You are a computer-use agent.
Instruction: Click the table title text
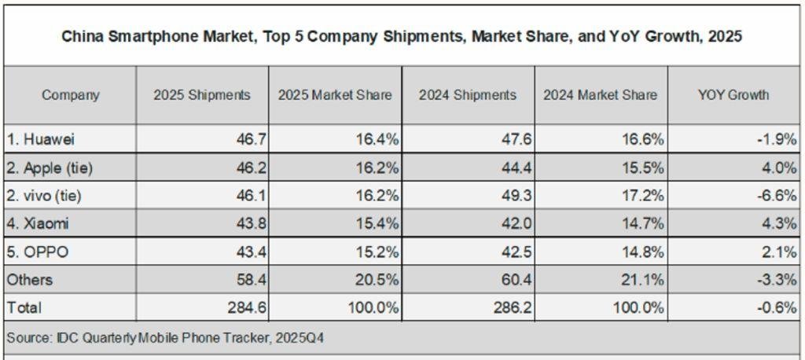[402, 37]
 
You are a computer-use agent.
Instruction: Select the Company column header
[71, 95]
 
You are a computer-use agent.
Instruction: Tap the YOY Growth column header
[733, 95]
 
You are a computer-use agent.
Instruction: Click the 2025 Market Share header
[335, 95]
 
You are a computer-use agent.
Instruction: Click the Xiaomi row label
[38, 223]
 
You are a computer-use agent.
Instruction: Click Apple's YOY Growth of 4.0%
[781, 167]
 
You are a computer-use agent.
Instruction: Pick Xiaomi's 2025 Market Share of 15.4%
[380, 223]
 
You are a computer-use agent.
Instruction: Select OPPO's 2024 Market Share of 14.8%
[645, 252]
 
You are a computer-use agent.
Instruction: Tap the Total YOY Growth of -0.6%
[777, 307]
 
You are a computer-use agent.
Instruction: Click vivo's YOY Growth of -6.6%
[777, 196]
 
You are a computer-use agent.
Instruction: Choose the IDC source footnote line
[166, 338]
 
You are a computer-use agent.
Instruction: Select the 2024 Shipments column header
[468, 95]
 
